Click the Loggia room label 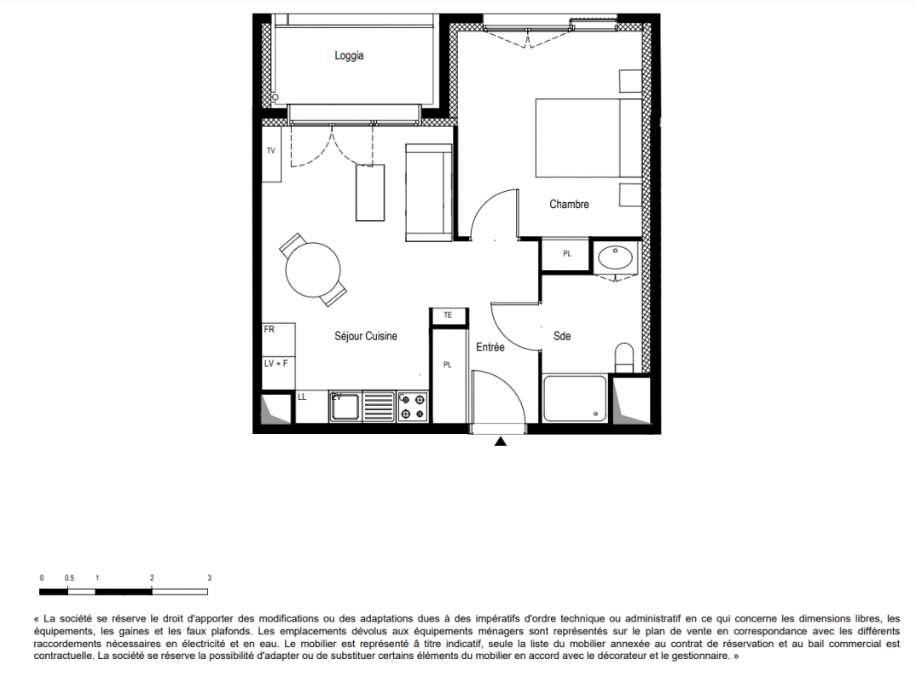(x=349, y=55)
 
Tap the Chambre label (x=569, y=205)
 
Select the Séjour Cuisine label (x=366, y=337)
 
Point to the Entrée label (x=490, y=348)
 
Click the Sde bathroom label (x=562, y=337)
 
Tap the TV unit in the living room (x=271, y=155)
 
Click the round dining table (x=312, y=269)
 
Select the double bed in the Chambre (x=588, y=138)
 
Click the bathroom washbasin (x=615, y=257)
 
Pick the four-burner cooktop (x=413, y=407)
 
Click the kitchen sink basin (x=345, y=407)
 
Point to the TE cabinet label (x=448, y=315)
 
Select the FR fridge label (x=270, y=329)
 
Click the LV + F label (x=275, y=363)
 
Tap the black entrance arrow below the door (x=500, y=442)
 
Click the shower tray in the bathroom (x=575, y=399)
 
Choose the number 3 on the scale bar (x=209, y=578)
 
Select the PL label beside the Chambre (x=566, y=254)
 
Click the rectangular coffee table (x=370, y=193)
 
